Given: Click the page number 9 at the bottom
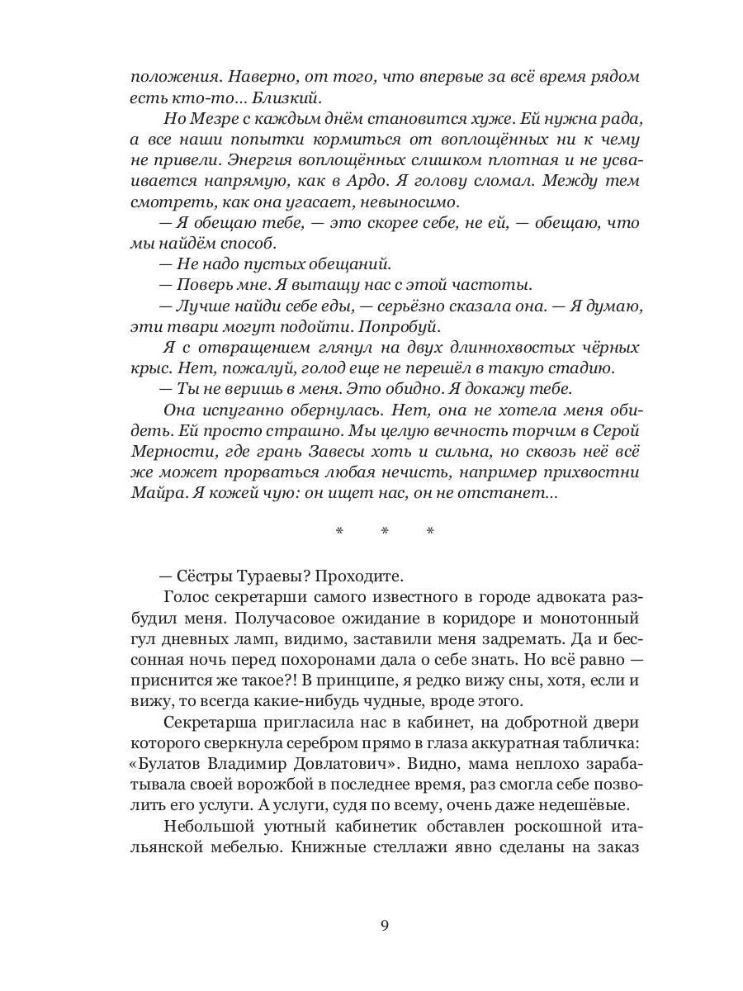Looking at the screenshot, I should (385, 924).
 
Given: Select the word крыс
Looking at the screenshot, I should (148, 369).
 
